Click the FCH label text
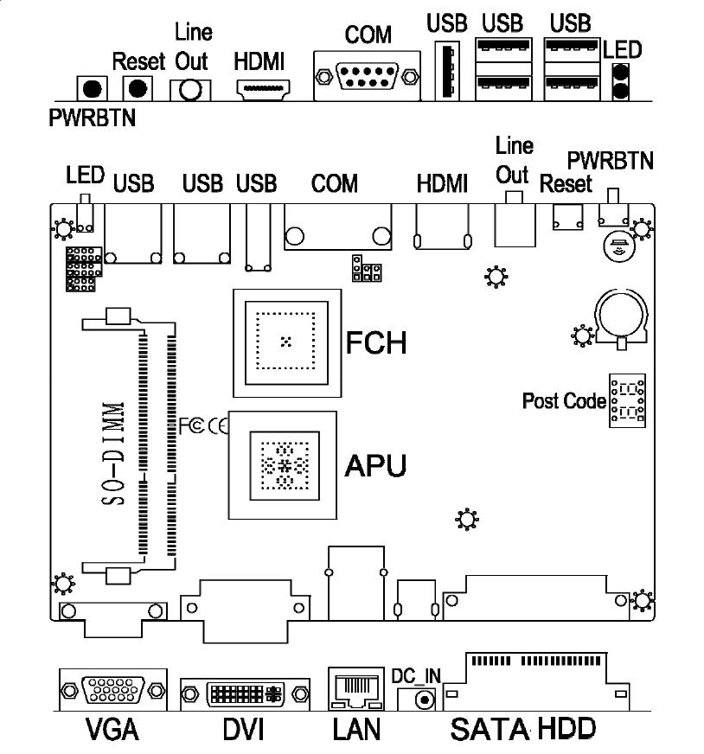[375, 342]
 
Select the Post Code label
[563, 401]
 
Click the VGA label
[112, 729]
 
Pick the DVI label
[244, 729]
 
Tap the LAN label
[355, 729]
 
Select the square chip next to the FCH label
[285, 342]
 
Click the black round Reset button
[136, 87]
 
